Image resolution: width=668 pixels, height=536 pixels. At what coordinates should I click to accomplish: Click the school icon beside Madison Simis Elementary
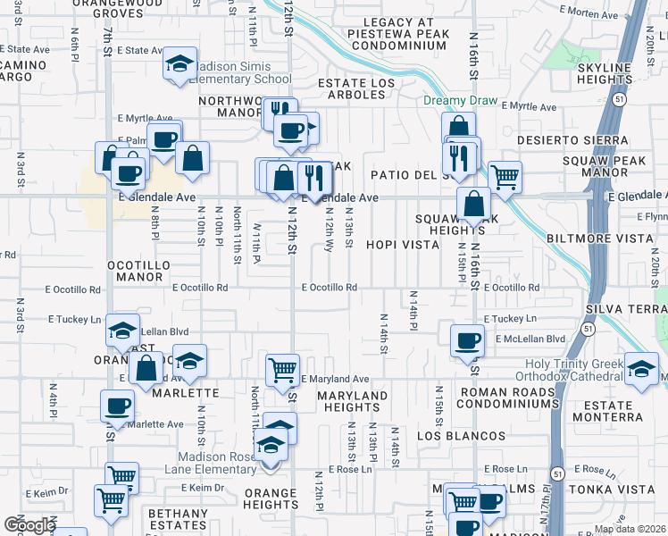(180, 65)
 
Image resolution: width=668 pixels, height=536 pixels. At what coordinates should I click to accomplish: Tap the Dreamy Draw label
(460, 100)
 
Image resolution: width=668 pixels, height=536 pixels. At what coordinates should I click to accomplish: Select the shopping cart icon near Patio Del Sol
(505, 177)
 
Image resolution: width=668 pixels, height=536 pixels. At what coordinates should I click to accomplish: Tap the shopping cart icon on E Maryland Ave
(282, 368)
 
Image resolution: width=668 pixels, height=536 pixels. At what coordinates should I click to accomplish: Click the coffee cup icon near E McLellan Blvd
(466, 340)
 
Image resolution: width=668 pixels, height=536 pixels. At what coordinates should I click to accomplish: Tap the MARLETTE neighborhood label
(185, 392)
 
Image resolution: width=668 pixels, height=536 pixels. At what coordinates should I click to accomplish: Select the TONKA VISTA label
(622, 489)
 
